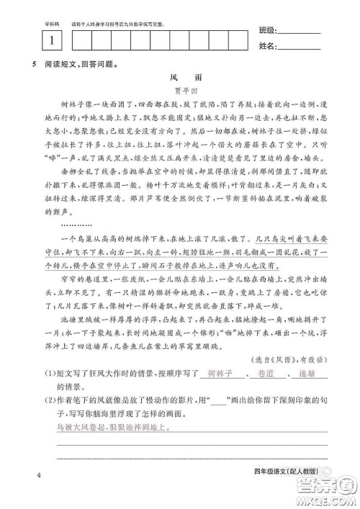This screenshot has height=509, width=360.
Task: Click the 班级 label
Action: tap(266, 31)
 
